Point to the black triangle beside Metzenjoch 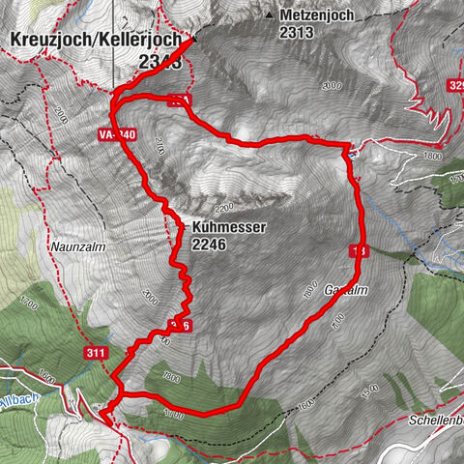click(268, 15)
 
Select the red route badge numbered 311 click(95, 354)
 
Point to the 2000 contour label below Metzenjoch click(333, 86)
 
